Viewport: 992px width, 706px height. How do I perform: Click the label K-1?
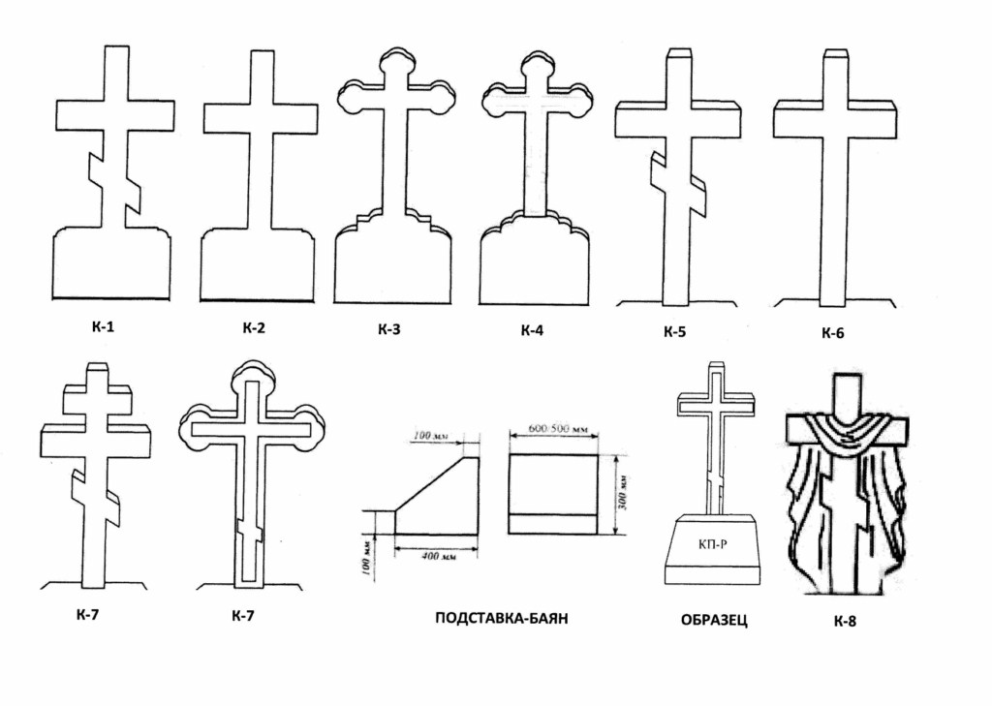[104, 326]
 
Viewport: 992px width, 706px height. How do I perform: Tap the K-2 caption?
[254, 327]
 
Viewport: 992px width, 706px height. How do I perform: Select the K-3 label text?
[388, 329]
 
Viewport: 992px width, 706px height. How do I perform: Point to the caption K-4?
[532, 330]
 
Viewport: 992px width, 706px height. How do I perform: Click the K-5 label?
[674, 332]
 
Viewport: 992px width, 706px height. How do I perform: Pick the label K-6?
[832, 333]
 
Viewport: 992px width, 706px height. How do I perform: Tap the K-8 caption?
[845, 621]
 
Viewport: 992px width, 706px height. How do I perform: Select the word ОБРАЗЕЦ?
[714, 620]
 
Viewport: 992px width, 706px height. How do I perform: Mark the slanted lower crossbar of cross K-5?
[678, 184]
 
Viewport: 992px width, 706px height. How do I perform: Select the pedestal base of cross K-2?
[257, 266]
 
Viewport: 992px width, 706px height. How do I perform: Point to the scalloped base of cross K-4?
[534, 261]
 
